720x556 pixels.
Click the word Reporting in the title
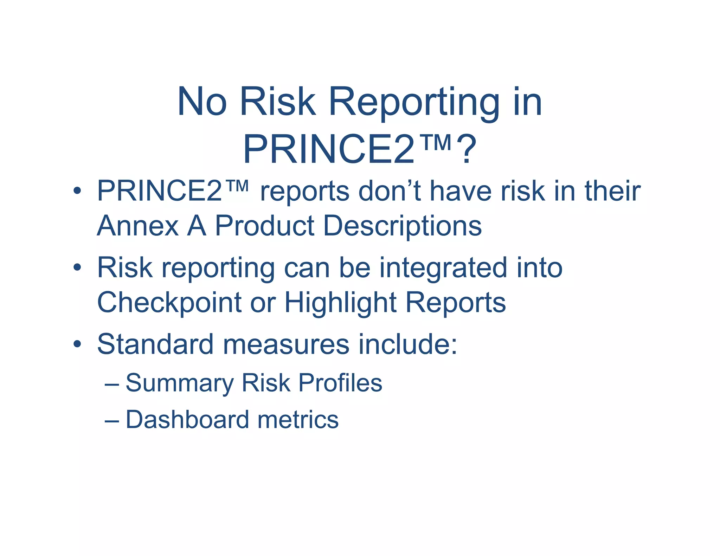point(414,103)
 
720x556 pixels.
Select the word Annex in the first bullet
point(137,226)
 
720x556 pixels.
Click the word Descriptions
point(402,226)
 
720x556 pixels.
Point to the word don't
point(390,191)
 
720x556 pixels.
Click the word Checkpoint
point(169,303)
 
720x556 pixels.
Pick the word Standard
point(155,344)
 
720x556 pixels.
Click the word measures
point(286,344)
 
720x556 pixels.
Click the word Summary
point(179,383)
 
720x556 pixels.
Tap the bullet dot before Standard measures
point(77,344)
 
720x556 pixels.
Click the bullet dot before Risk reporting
point(77,268)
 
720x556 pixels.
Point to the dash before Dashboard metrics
point(112,420)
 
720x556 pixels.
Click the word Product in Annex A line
point(264,226)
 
